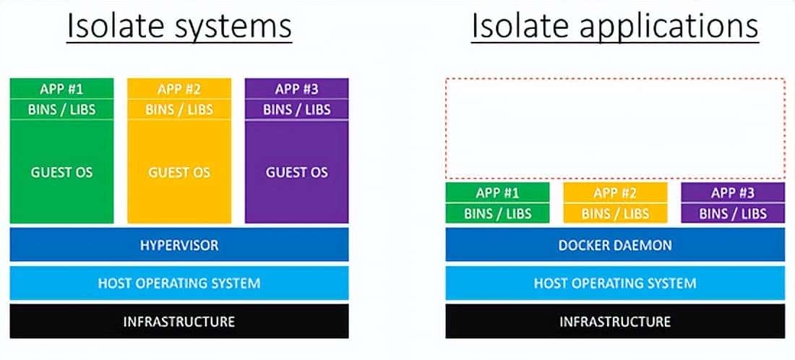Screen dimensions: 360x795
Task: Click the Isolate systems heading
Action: click(x=179, y=27)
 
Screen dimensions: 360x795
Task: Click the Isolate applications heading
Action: click(x=615, y=27)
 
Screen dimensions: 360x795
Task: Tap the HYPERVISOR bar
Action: click(x=179, y=245)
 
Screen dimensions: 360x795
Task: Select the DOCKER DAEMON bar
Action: click(x=615, y=245)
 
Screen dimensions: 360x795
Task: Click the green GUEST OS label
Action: click(x=62, y=173)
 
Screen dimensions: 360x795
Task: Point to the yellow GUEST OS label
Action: click(x=179, y=173)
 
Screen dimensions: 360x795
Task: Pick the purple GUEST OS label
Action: click(x=297, y=173)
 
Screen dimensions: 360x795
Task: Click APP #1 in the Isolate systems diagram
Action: click(x=62, y=89)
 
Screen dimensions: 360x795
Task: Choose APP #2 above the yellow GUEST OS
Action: click(x=179, y=89)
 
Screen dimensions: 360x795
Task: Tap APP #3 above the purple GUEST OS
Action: click(x=297, y=89)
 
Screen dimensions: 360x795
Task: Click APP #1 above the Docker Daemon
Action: click(x=497, y=193)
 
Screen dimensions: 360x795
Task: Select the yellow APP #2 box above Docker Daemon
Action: click(x=615, y=193)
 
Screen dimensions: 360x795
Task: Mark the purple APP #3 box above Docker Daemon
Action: click(x=733, y=193)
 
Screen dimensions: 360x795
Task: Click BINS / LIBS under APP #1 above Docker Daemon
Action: click(x=497, y=213)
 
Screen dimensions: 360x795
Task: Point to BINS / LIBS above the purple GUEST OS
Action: click(x=297, y=109)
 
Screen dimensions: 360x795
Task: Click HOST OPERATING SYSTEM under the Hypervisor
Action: click(x=179, y=283)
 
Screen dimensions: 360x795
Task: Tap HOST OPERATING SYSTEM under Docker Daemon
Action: click(x=615, y=283)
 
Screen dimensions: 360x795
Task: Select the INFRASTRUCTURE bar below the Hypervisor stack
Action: click(x=179, y=321)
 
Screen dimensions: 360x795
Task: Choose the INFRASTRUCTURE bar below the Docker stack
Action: click(x=615, y=321)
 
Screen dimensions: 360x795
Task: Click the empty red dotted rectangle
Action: click(x=615, y=128)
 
